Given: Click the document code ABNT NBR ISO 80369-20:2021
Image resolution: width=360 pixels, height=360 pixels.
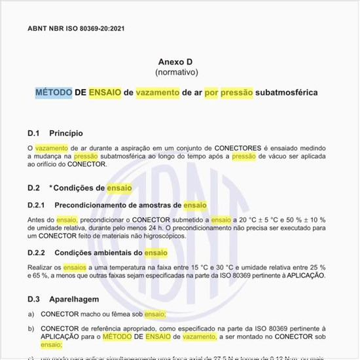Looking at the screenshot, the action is (76, 29).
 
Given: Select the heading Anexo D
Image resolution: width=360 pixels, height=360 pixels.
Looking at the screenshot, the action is (177, 62).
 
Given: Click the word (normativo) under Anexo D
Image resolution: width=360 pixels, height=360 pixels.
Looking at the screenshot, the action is (177, 71).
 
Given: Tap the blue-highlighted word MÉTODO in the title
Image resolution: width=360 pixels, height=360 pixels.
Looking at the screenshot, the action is (54, 93).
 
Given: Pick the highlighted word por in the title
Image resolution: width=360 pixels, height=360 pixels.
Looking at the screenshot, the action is (211, 93).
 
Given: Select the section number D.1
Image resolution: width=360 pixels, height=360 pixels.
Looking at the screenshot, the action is (34, 133).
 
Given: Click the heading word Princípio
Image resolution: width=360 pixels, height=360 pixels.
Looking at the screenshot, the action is (66, 133).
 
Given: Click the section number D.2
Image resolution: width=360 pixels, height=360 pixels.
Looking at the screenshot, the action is (34, 188).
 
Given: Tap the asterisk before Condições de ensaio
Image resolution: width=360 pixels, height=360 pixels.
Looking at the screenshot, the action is (52, 187).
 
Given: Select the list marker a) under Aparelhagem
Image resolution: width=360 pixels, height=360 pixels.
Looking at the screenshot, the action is (31, 314).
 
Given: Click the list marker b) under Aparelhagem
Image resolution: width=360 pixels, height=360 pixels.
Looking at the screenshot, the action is (31, 329).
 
